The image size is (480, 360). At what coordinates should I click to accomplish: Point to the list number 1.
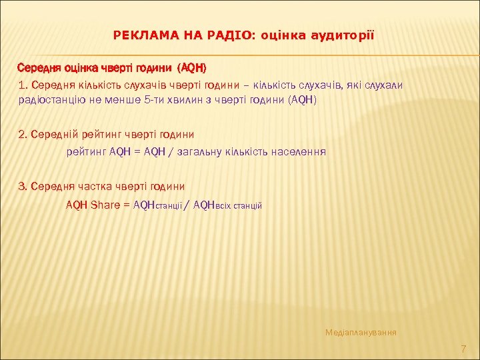pos(23,85)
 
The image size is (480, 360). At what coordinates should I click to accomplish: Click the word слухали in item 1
pos(385,85)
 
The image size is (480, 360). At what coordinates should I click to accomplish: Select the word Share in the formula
pos(105,205)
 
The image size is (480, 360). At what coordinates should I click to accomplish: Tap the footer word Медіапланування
pos(361,331)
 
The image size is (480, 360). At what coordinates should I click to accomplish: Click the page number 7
pos(464,349)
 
